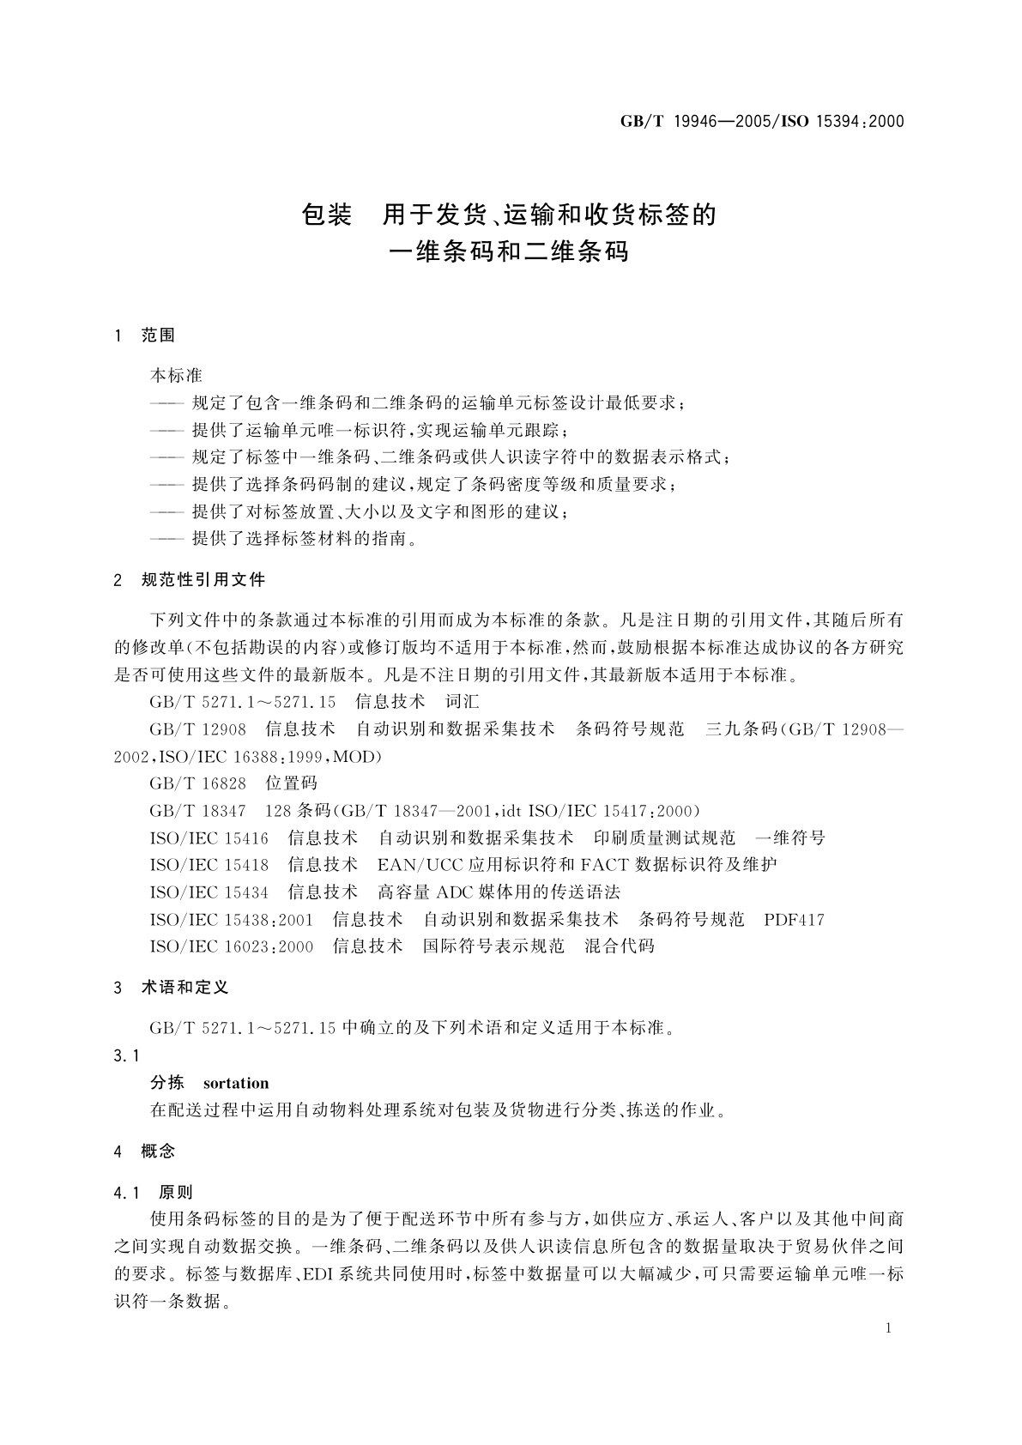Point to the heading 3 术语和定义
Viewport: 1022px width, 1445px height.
(x=171, y=988)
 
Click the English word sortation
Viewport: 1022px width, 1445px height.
(x=236, y=1083)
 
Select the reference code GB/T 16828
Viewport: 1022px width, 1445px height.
(x=198, y=783)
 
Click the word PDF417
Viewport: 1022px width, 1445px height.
(x=794, y=920)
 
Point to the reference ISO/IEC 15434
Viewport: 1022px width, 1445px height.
(x=209, y=892)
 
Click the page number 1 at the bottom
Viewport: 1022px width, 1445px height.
(x=888, y=1328)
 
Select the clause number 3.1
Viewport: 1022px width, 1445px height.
(x=126, y=1055)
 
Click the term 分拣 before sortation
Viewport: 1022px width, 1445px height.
(x=167, y=1083)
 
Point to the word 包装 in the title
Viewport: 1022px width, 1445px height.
(x=327, y=215)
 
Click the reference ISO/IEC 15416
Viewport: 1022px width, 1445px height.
(x=209, y=837)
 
